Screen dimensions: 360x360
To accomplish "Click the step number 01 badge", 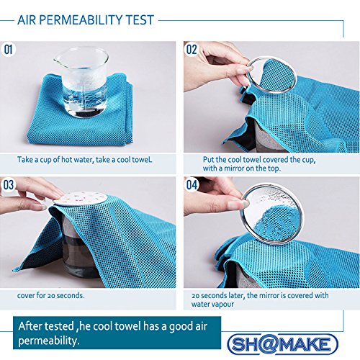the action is coord(9,50).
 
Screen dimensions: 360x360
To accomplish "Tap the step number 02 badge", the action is coord(192,50).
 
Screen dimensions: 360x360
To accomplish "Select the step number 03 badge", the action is coord(9,185).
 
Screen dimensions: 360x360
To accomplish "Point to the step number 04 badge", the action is coord(192,185).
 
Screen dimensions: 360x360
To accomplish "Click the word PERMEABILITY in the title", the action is coord(81,20).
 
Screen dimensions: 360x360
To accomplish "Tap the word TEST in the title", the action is coord(140,20).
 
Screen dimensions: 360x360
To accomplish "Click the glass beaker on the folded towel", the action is coord(81,81).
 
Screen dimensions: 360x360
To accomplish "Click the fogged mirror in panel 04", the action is coord(272,214).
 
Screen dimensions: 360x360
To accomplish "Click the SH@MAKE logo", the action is coord(282,344).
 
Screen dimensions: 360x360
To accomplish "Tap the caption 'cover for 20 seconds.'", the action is coord(50,295).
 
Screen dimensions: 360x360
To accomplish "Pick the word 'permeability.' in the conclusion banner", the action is coord(49,341).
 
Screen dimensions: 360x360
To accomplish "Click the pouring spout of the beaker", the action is coord(58,60).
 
